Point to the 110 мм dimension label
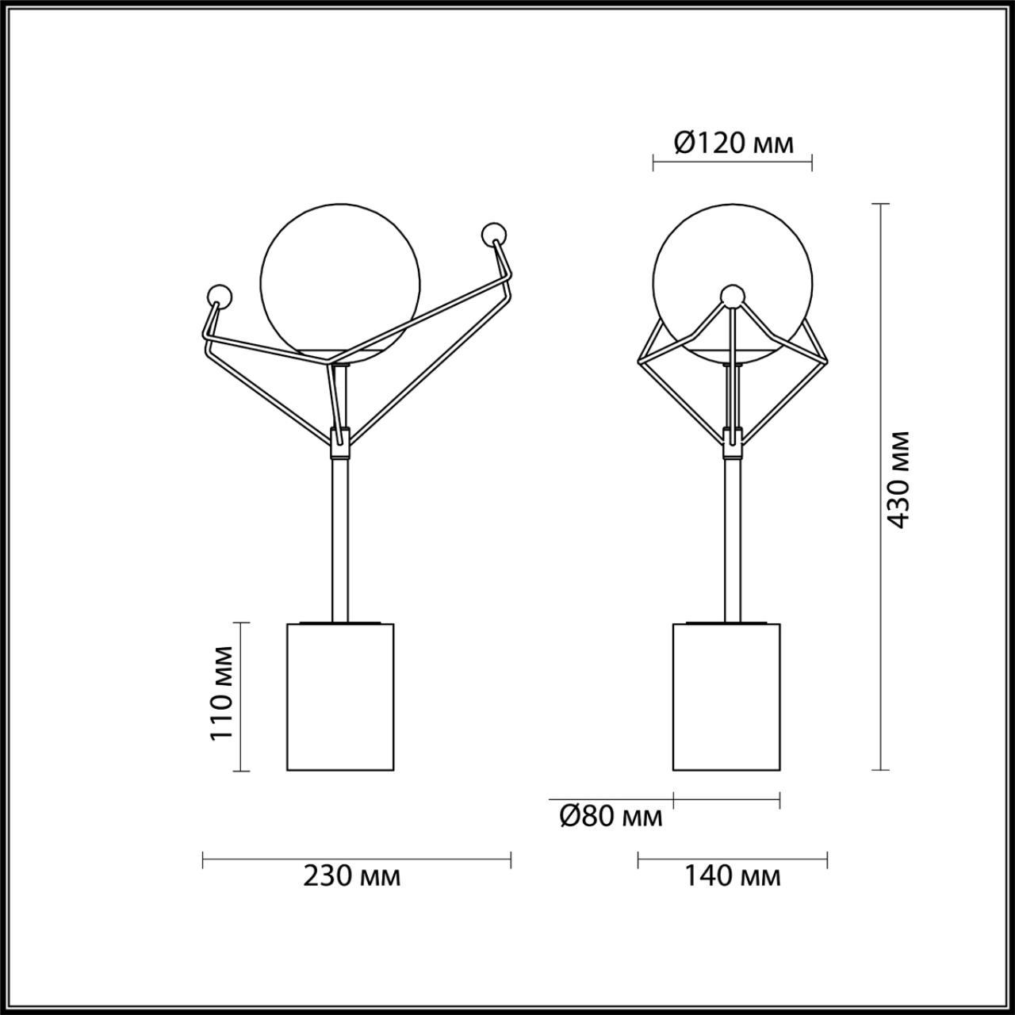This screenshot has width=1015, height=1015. pos(222,693)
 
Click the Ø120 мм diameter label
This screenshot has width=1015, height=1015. pos(733,143)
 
